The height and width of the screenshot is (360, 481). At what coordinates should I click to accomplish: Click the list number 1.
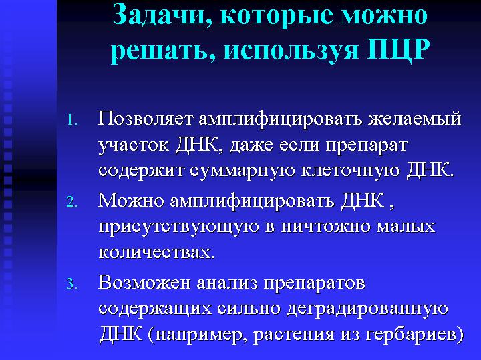[x=71, y=120]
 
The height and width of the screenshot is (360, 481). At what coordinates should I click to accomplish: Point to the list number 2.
[x=71, y=202]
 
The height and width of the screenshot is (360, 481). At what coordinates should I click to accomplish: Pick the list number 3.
[x=71, y=284]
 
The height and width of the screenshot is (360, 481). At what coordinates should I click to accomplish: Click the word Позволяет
[x=145, y=119]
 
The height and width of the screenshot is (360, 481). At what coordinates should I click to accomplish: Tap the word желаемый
[x=414, y=119]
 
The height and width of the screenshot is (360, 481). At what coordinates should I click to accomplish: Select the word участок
[x=134, y=146]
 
